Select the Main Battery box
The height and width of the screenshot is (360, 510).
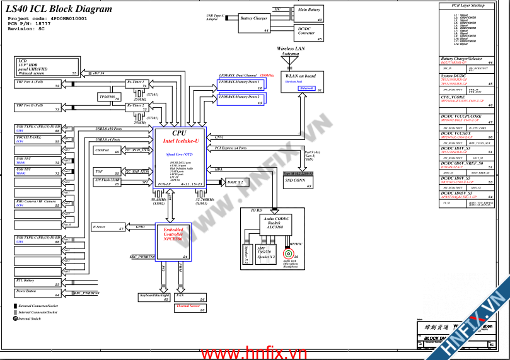coord(310,13)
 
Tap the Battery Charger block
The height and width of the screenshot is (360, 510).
coord(254,21)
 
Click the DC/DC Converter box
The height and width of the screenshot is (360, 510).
coord(310,33)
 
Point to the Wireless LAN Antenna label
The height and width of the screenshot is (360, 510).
coord(291,51)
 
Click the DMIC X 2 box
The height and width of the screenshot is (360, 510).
coord(236,182)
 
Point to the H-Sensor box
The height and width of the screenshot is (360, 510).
coord(108,227)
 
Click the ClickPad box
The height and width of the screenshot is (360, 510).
coord(107,151)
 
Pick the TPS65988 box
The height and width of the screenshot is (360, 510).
coord(110,97)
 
